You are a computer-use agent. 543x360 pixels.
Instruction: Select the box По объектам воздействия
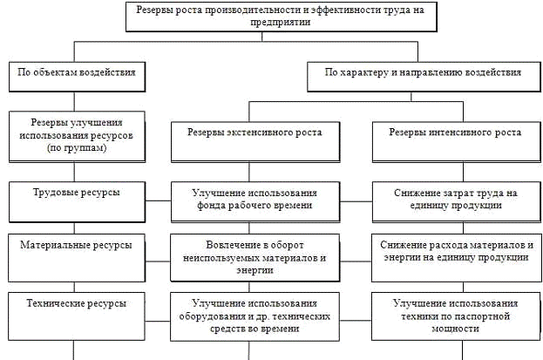(76, 74)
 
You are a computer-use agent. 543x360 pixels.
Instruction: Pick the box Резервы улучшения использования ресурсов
(76, 136)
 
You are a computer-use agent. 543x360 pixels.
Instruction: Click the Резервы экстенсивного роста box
(254, 133)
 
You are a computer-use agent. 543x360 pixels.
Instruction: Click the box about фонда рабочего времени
(254, 199)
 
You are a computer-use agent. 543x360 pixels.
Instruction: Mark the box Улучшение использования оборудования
(254, 316)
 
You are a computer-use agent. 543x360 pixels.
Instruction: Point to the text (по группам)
(76, 149)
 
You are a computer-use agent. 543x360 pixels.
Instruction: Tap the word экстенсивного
(259, 133)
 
